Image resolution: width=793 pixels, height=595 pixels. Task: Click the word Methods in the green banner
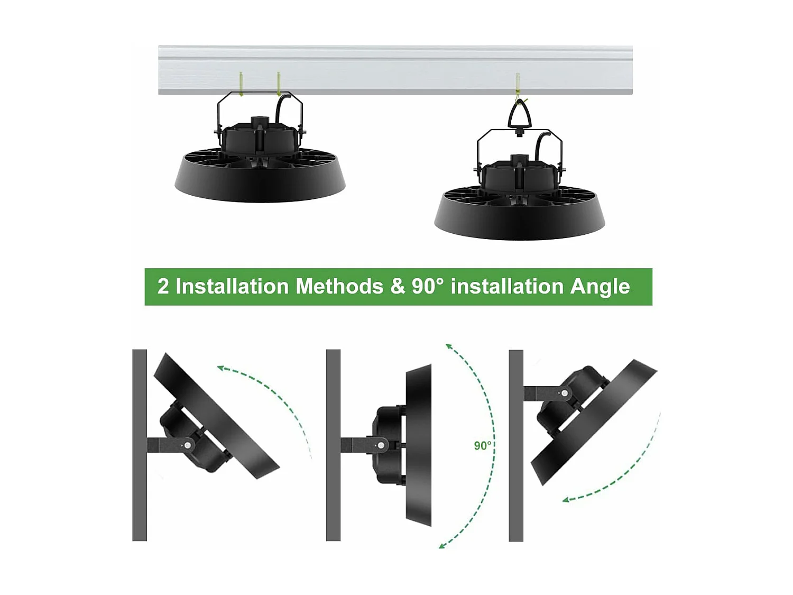pyautogui.click(x=339, y=286)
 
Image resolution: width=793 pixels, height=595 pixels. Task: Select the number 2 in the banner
pyautogui.click(x=163, y=286)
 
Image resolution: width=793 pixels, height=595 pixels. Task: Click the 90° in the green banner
pyautogui.click(x=428, y=286)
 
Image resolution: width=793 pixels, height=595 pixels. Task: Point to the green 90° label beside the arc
pyautogui.click(x=482, y=446)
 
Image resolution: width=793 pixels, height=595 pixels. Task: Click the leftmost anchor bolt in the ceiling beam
pyautogui.click(x=241, y=84)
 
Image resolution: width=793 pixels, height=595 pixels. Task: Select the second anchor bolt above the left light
pyautogui.click(x=279, y=84)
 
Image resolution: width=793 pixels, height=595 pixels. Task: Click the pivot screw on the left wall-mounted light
pyautogui.click(x=187, y=446)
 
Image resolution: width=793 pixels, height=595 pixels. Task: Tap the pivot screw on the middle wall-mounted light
pyautogui.click(x=381, y=446)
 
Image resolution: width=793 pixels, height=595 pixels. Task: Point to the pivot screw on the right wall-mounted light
pyautogui.click(x=565, y=393)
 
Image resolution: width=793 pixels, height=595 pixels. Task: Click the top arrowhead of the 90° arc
pyautogui.click(x=448, y=346)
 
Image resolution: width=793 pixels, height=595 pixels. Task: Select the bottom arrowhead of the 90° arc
pyautogui.click(x=442, y=545)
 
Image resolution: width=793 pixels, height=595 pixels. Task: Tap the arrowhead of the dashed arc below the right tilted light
pyautogui.click(x=566, y=499)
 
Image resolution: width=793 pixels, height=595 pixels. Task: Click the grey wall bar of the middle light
pyautogui.click(x=333, y=445)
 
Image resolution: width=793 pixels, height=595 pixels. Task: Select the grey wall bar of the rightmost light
pyautogui.click(x=515, y=445)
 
